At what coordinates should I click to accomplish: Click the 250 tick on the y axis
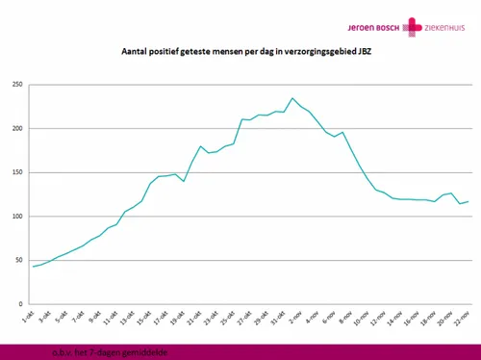click(16, 85)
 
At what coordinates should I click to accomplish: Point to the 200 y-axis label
click(16, 129)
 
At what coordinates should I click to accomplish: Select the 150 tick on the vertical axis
click(16, 172)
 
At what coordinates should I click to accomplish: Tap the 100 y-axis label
click(16, 217)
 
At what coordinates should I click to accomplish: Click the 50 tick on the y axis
click(18, 260)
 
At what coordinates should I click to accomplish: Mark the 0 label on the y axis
click(21, 304)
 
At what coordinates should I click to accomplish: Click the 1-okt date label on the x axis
click(31, 316)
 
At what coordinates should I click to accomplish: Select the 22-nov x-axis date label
click(468, 317)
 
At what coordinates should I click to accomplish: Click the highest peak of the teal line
click(292, 98)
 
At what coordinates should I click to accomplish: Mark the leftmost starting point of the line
click(34, 267)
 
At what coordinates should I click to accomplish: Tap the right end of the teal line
click(468, 201)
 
